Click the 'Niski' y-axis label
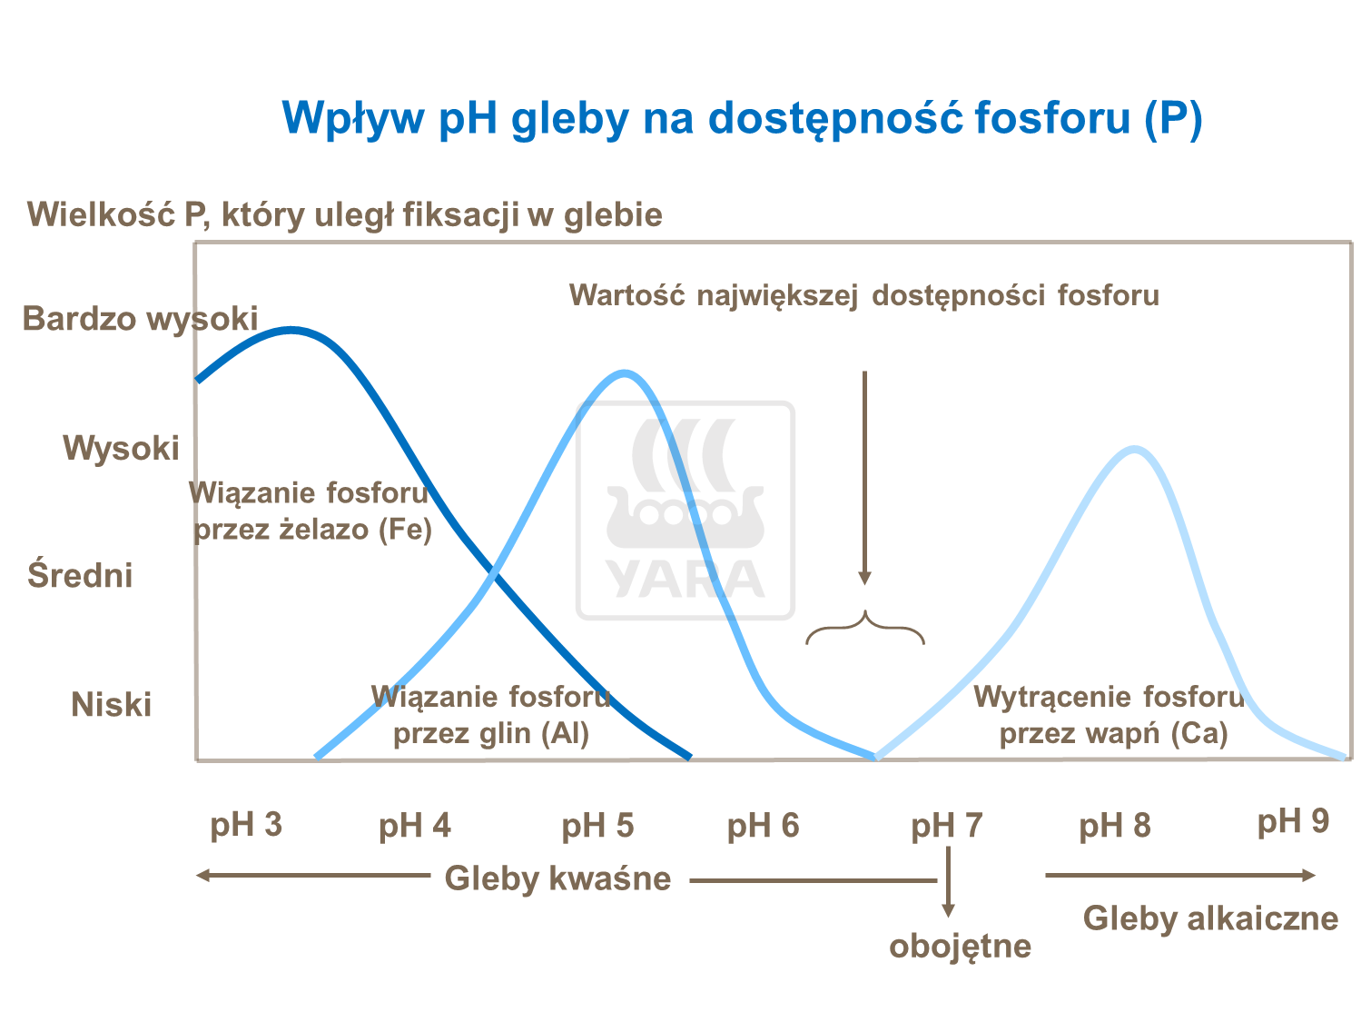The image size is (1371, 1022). click(x=112, y=705)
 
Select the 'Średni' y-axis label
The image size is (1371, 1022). click(x=80, y=573)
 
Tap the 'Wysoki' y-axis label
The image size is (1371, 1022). click(x=121, y=448)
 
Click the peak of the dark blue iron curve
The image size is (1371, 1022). click(x=291, y=331)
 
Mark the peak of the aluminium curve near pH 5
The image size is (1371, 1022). click(x=625, y=373)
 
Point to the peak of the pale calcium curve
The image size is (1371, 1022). click(x=1135, y=449)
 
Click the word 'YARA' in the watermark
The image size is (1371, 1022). click(x=685, y=580)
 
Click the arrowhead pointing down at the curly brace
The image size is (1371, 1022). click(x=865, y=578)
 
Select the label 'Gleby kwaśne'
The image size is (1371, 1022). click(x=557, y=879)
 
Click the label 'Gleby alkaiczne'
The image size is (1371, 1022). click(x=1211, y=919)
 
